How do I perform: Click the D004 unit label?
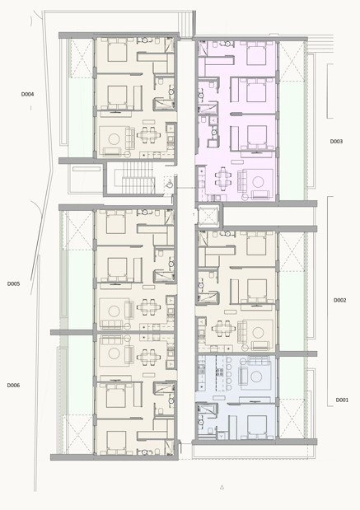point(28,94)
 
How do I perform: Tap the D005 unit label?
point(14,283)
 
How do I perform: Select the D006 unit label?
point(14,385)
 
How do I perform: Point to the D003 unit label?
point(336,142)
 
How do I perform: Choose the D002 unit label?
point(340,300)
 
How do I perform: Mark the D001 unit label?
point(342,400)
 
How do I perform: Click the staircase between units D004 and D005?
point(138,178)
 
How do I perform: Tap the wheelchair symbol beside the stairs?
point(170,185)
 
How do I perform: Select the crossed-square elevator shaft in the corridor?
point(208,216)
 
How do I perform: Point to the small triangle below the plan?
point(222,487)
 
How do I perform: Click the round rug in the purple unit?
point(258,182)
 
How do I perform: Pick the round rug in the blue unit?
point(256,377)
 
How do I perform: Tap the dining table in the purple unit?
point(223,179)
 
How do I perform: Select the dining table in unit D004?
point(148,134)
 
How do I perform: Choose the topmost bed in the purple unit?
point(256,53)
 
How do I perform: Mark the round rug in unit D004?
point(115,139)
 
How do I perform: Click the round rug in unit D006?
point(115,354)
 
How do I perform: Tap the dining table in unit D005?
point(148,306)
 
